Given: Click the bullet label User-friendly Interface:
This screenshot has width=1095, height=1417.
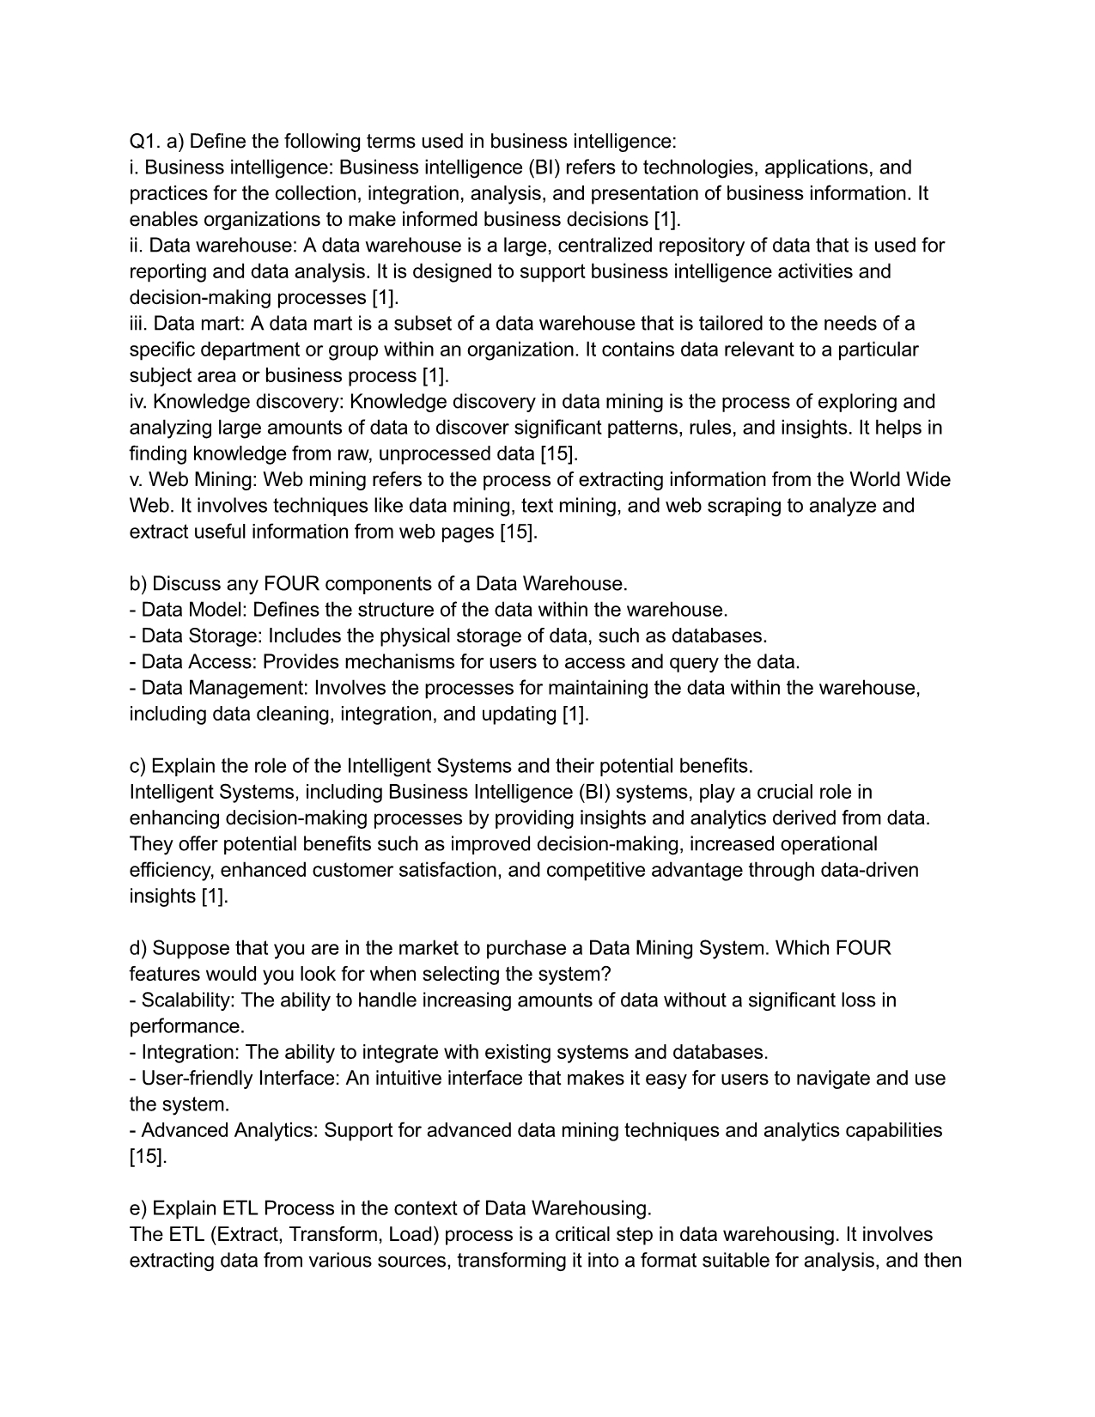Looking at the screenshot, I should [240, 1079].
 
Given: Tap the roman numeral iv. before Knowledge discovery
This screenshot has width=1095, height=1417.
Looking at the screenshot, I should [139, 402].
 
